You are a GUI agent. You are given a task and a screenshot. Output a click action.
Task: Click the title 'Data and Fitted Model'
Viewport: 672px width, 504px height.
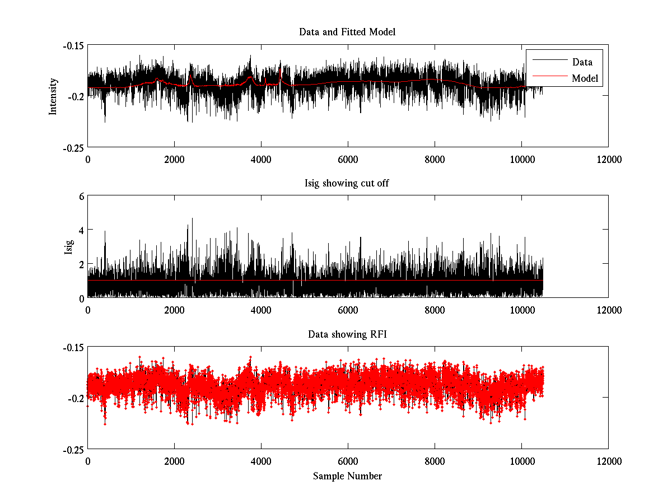(347, 32)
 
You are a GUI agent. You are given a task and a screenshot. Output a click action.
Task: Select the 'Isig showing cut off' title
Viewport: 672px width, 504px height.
(347, 183)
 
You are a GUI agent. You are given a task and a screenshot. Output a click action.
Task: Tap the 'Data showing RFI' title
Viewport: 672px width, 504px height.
(347, 334)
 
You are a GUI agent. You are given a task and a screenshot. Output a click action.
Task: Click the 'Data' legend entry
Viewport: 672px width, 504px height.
(582, 62)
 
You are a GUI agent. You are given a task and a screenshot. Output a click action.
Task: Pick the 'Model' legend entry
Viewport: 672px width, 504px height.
(585, 78)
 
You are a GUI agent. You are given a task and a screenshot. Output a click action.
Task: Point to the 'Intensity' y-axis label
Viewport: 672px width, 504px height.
(53, 96)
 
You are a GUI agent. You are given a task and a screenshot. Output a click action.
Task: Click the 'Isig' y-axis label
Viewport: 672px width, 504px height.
(69, 247)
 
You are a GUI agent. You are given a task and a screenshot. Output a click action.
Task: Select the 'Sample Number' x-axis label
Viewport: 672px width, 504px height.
(347, 476)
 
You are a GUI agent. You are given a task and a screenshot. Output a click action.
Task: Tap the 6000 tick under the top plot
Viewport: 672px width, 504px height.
(348, 159)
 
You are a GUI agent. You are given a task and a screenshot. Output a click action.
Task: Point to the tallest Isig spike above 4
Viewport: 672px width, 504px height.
(192, 219)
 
